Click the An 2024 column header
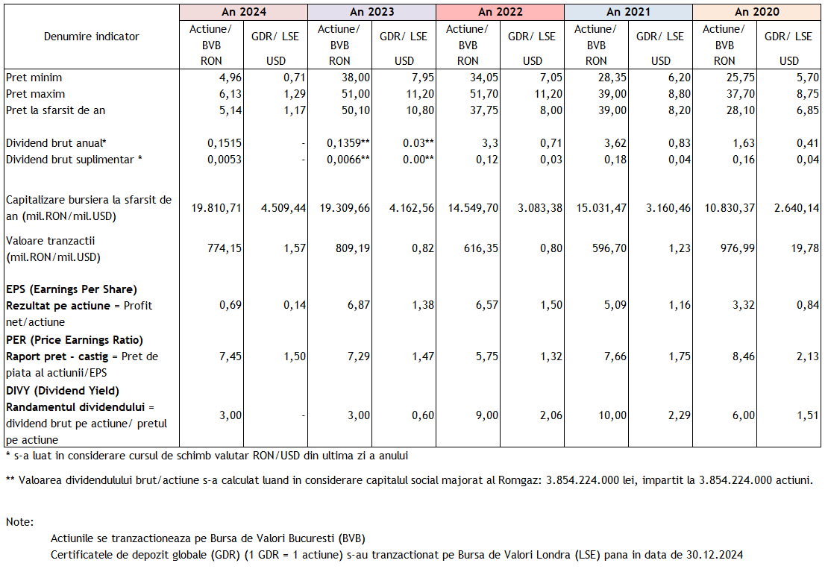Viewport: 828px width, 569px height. click(x=244, y=12)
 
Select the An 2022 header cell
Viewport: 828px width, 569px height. click(x=501, y=12)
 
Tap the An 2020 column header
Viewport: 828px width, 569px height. click(x=757, y=12)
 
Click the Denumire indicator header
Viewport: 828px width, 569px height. click(x=91, y=37)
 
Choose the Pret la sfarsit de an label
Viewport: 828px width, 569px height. click(x=55, y=110)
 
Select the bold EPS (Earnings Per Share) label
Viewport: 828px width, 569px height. click(x=72, y=289)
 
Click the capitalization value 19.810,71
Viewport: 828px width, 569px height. click(x=216, y=208)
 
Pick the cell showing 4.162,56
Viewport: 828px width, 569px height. click(x=412, y=208)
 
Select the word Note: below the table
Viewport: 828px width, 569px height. click(x=20, y=522)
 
